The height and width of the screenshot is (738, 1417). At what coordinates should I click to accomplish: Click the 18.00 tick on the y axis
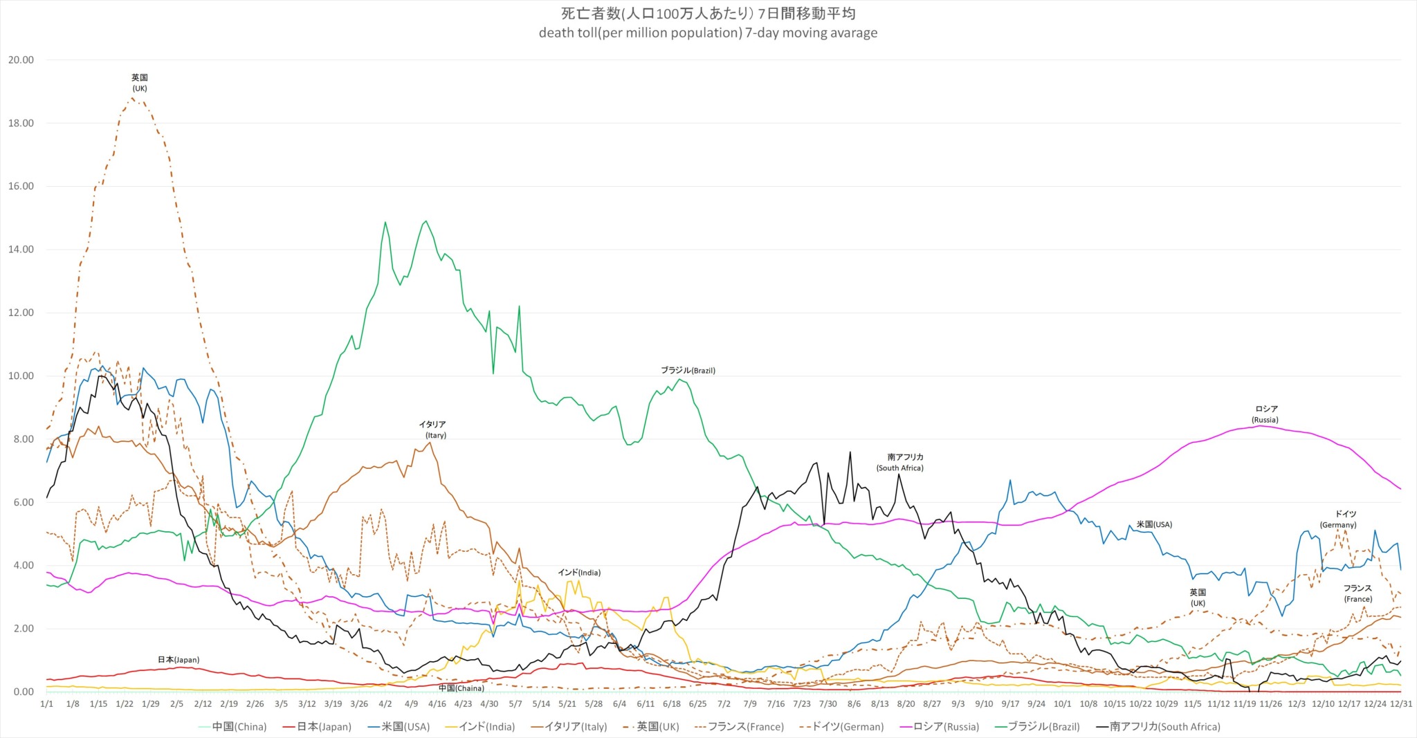click(x=20, y=123)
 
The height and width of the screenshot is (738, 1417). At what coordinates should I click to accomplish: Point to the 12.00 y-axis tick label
click(x=20, y=313)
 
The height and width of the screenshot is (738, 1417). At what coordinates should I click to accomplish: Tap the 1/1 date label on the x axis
click(x=46, y=704)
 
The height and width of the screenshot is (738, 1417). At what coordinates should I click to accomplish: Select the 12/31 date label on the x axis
click(x=1401, y=704)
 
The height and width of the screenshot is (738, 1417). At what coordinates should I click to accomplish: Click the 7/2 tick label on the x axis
click(x=724, y=704)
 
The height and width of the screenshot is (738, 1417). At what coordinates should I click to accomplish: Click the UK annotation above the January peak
click(x=140, y=83)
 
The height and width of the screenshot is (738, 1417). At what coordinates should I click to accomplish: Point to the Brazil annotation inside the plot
click(x=688, y=371)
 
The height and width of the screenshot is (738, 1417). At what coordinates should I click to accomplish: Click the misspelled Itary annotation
click(x=436, y=435)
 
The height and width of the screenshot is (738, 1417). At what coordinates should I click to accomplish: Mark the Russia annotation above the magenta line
click(x=1265, y=414)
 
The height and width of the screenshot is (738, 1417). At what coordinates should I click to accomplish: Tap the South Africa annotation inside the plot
click(x=900, y=463)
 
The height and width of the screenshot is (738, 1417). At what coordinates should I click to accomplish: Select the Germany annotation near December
click(x=1338, y=519)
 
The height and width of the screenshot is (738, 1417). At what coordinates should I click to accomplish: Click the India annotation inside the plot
click(x=579, y=573)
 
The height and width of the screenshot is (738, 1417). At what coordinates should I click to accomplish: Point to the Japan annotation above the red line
click(x=179, y=660)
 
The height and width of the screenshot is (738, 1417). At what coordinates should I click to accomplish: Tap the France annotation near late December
click(x=1358, y=593)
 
